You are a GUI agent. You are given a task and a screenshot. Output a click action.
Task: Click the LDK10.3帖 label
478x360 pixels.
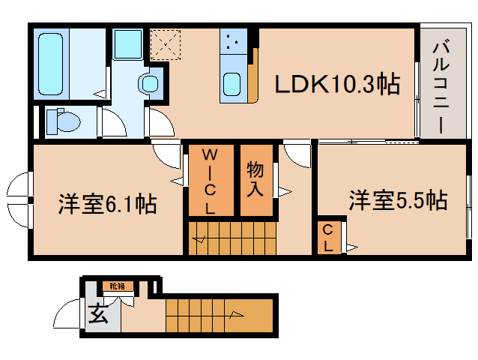pos(336,84)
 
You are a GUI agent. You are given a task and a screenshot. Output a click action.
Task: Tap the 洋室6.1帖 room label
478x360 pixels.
pos(107,204)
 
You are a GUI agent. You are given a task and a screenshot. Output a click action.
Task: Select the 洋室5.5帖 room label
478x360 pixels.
pos(397,200)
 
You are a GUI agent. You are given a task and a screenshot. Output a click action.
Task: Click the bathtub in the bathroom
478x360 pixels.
pos(52,61)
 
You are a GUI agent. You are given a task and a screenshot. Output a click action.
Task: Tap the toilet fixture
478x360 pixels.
pos(63,121)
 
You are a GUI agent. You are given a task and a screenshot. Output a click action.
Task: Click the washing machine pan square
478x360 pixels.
pos(129,44)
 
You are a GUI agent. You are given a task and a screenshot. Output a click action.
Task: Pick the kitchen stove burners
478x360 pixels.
pos(232,42)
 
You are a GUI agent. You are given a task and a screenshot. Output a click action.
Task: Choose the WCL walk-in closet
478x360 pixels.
pos(211,181)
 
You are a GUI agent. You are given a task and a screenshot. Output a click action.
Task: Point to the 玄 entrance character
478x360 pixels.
pos(98,314)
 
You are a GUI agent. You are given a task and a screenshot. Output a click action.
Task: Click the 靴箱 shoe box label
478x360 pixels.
pos(117,286)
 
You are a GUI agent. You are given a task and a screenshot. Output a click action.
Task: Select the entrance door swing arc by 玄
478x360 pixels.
pos(71,313)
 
